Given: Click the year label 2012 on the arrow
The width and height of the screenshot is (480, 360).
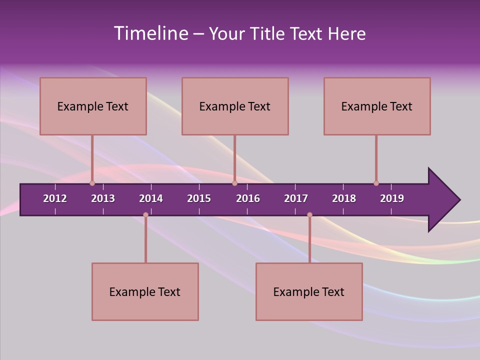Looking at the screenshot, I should click(55, 198).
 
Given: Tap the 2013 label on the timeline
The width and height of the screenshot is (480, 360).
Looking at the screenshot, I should click(103, 198).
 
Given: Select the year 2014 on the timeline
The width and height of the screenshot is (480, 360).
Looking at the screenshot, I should click(151, 198).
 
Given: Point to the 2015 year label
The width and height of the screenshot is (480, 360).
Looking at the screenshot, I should click(199, 198).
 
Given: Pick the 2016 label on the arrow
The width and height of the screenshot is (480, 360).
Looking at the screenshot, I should click(248, 198).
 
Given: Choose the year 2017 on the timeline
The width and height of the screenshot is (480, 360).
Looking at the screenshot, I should click(296, 198).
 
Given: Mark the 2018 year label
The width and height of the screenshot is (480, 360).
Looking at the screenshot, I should click(344, 198).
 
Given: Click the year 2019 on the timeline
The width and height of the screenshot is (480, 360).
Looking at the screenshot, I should click(392, 198).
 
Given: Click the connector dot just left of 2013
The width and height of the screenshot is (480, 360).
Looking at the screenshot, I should click(92, 183).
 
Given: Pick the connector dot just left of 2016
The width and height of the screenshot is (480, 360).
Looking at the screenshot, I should click(234, 183).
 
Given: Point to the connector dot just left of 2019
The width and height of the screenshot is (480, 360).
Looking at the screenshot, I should click(376, 183).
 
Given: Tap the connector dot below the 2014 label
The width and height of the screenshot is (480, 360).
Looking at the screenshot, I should click(145, 214).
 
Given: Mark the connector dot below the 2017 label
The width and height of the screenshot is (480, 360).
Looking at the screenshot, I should click(309, 214).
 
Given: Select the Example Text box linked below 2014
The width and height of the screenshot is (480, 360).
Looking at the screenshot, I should click(145, 291).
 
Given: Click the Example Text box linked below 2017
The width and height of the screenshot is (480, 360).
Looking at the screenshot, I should click(309, 291).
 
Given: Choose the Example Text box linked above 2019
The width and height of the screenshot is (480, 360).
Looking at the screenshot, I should click(377, 106).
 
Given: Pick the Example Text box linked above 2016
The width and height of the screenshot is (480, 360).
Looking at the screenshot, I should click(235, 106).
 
